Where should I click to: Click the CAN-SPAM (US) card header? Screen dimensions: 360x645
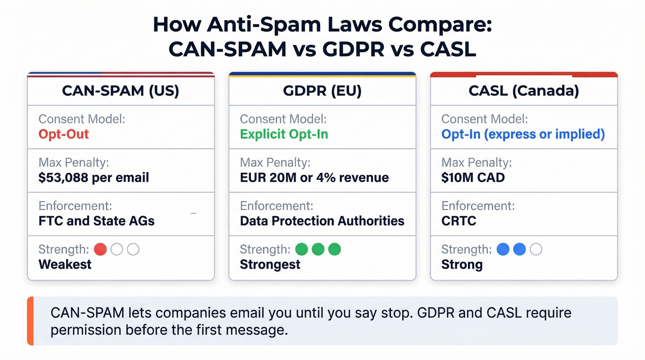(121, 91)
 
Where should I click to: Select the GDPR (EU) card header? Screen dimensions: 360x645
(322, 91)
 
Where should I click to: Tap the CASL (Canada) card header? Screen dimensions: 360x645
(524, 91)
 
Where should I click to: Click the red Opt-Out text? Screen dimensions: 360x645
(64, 134)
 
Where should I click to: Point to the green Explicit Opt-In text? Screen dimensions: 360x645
(284, 134)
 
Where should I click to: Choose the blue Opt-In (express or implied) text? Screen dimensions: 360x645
(523, 134)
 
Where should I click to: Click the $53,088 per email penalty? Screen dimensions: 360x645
(94, 177)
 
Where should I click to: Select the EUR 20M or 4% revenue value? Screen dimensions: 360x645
(314, 177)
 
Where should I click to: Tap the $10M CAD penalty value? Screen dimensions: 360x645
(473, 177)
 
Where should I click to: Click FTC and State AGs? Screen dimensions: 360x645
(96, 221)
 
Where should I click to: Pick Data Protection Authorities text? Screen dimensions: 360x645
(322, 221)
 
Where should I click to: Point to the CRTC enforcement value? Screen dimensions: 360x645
(458, 221)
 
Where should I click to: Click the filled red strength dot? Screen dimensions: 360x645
(100, 249)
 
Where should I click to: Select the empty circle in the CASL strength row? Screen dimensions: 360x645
(536, 249)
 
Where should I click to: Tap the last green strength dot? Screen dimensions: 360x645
(334, 249)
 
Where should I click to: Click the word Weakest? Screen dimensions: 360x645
(65, 265)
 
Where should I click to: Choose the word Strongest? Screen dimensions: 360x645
(270, 265)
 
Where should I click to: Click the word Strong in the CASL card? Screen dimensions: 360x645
(462, 265)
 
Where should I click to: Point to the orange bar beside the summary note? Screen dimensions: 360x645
(30, 321)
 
